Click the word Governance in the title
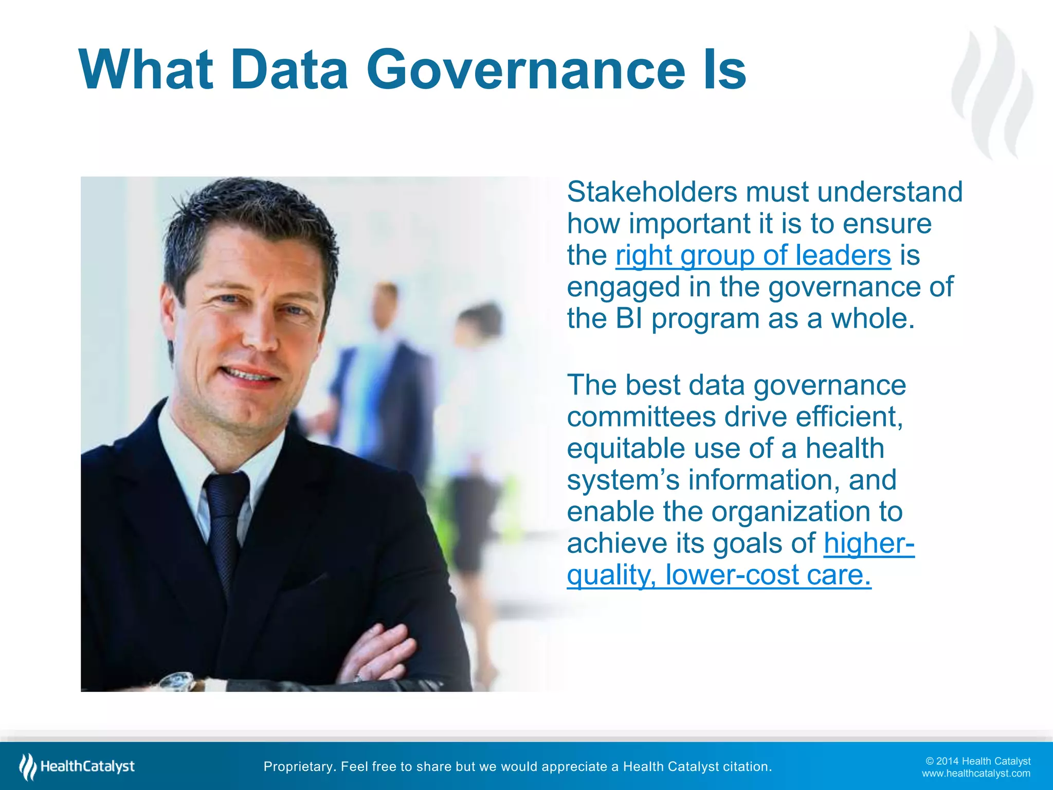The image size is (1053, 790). pyautogui.click(x=525, y=69)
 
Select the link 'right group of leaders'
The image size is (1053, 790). pyautogui.click(x=753, y=256)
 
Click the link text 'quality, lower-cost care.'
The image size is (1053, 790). pyautogui.click(x=719, y=575)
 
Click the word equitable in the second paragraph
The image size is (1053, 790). pyautogui.click(x=626, y=448)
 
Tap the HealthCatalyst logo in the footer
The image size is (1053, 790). pyautogui.click(x=77, y=767)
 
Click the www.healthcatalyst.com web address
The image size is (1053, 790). pyautogui.click(x=976, y=774)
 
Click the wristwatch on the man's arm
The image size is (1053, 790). pyautogui.click(x=177, y=681)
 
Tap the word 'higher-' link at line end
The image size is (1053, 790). pyautogui.click(x=869, y=544)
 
